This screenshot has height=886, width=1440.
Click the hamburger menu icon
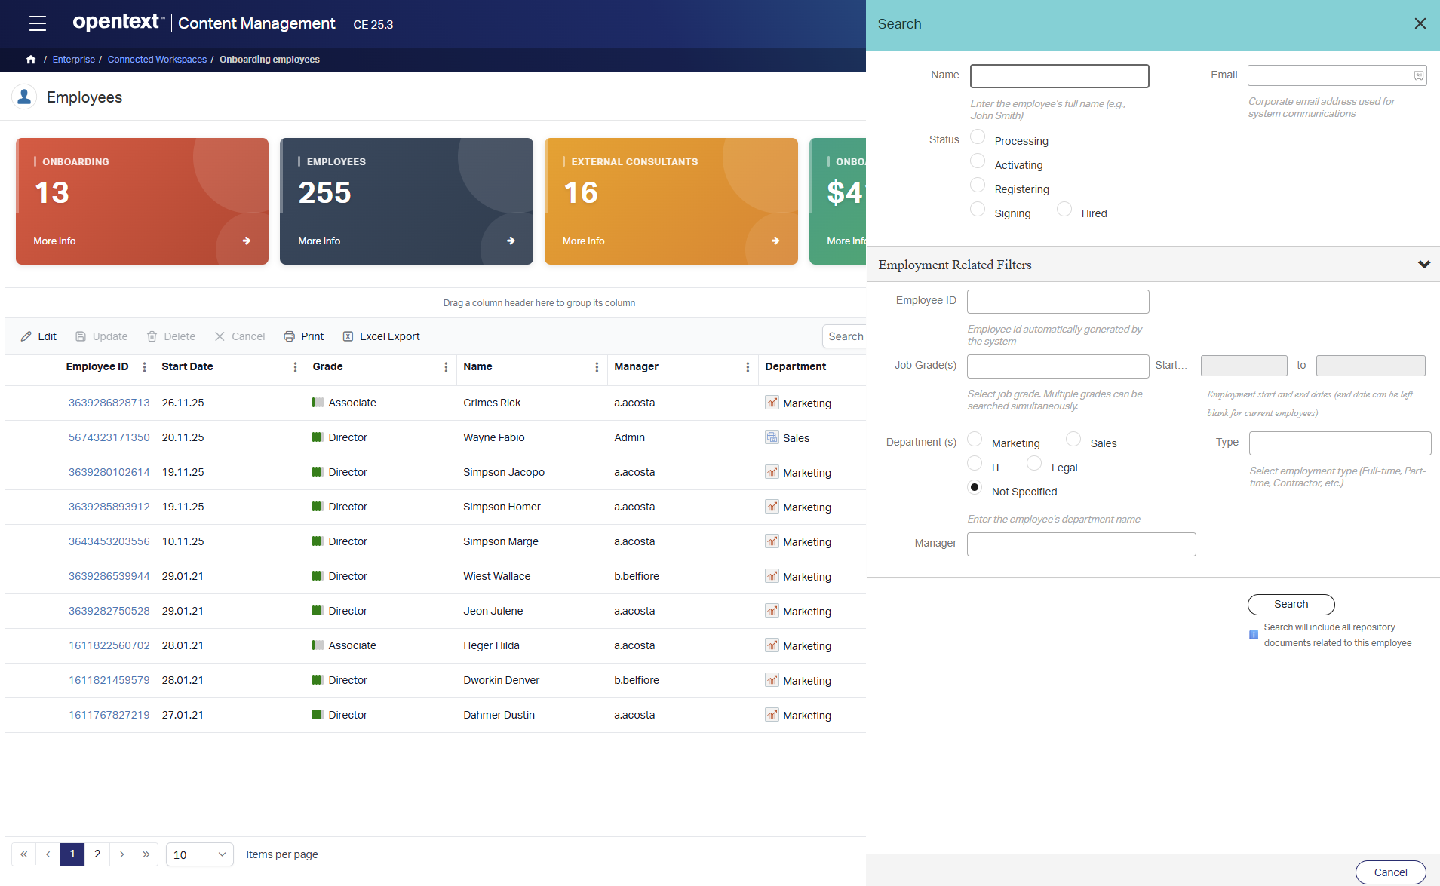[38, 23]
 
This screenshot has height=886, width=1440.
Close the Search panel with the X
[1420, 23]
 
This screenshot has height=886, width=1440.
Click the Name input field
[1059, 76]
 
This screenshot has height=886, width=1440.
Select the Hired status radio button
[1064, 210]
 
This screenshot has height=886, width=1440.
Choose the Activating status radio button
[978, 161]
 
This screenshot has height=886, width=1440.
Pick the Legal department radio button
[1034, 464]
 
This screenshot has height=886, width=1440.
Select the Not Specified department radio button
[975, 488]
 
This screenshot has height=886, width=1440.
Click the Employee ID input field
[1058, 302]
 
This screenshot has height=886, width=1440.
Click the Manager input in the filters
[1081, 544]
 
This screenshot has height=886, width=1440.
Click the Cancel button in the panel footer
[1390, 872]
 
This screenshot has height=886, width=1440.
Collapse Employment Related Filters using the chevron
[1423, 265]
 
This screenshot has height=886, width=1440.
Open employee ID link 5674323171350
[109, 437]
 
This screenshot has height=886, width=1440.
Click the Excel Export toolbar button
[382, 336]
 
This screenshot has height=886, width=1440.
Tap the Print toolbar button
[304, 336]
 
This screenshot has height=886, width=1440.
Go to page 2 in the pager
[97, 854]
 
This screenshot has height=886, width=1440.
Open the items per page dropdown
[200, 854]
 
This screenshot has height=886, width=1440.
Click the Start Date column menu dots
[295, 367]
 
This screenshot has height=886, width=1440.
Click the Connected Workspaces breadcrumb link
[157, 60]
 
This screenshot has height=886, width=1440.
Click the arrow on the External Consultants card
[775, 241]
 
